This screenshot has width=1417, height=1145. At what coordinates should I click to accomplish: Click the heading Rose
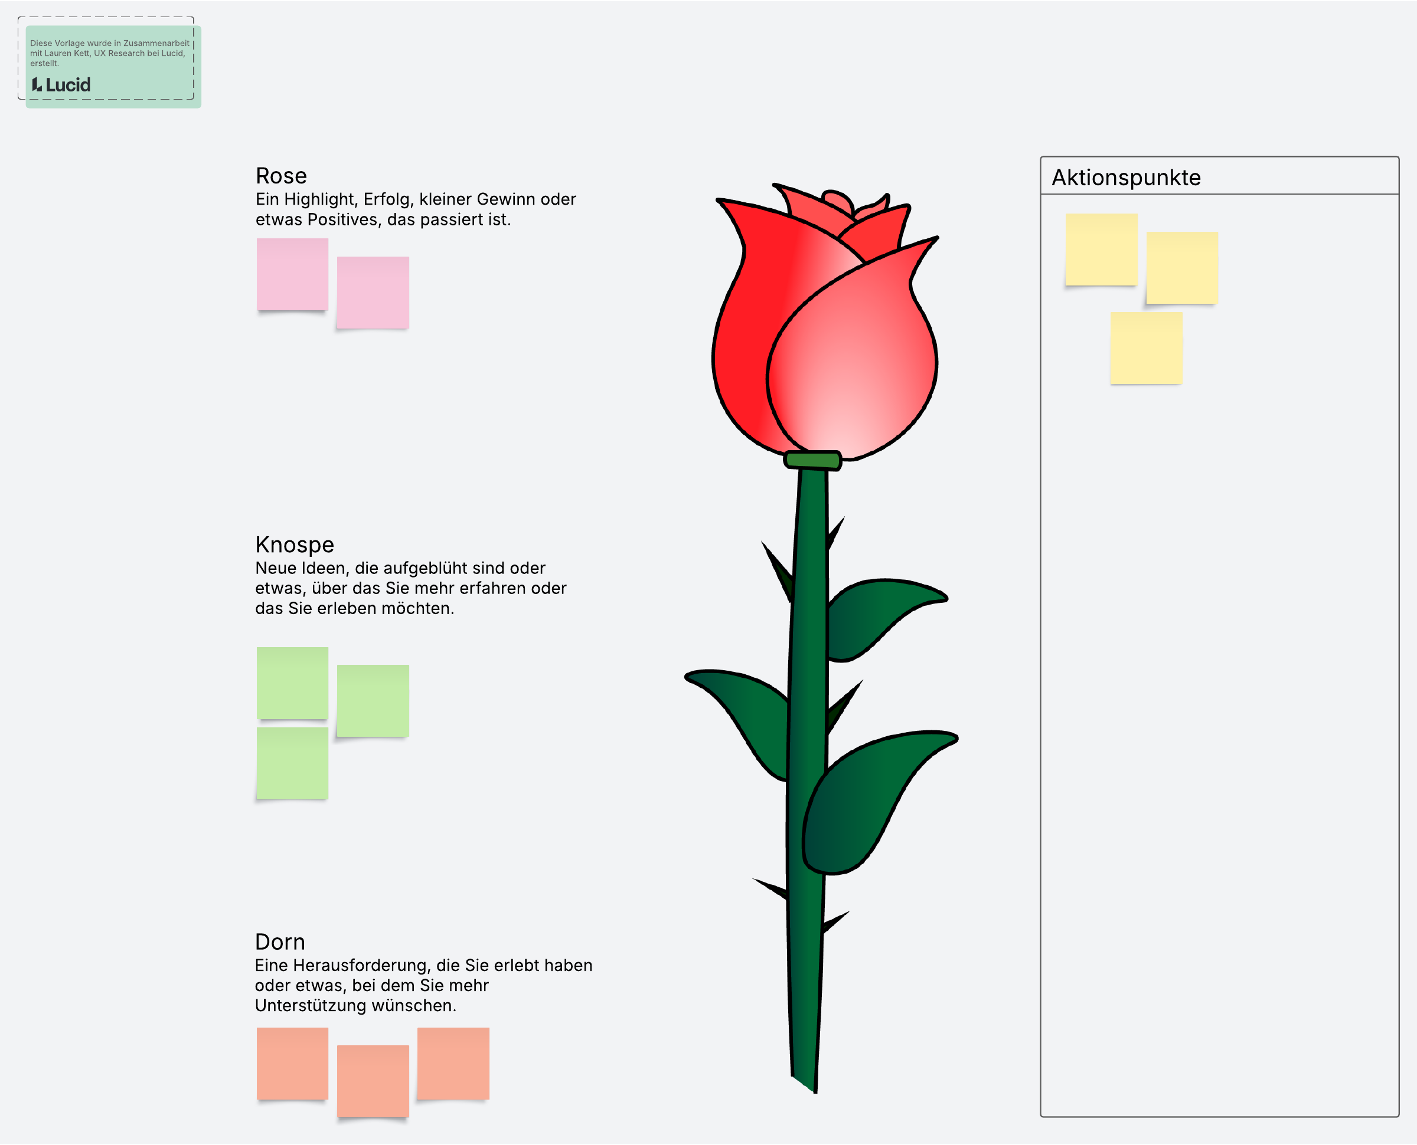281,176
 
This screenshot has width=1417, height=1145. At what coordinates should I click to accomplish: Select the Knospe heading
295,545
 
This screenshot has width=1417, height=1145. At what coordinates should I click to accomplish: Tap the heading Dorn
280,942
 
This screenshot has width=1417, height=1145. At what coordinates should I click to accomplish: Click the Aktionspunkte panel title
1126,178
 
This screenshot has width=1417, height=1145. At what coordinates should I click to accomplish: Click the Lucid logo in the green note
61,84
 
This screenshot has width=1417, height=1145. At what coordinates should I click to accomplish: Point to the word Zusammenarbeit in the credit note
156,44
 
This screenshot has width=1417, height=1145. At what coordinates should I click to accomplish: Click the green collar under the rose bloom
812,460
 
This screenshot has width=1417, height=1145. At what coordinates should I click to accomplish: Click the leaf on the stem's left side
743,719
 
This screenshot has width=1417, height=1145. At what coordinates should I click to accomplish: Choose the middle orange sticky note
373,1082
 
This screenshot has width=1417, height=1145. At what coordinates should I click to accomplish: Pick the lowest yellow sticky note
1147,348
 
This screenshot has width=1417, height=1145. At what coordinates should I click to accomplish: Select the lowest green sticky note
292,764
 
